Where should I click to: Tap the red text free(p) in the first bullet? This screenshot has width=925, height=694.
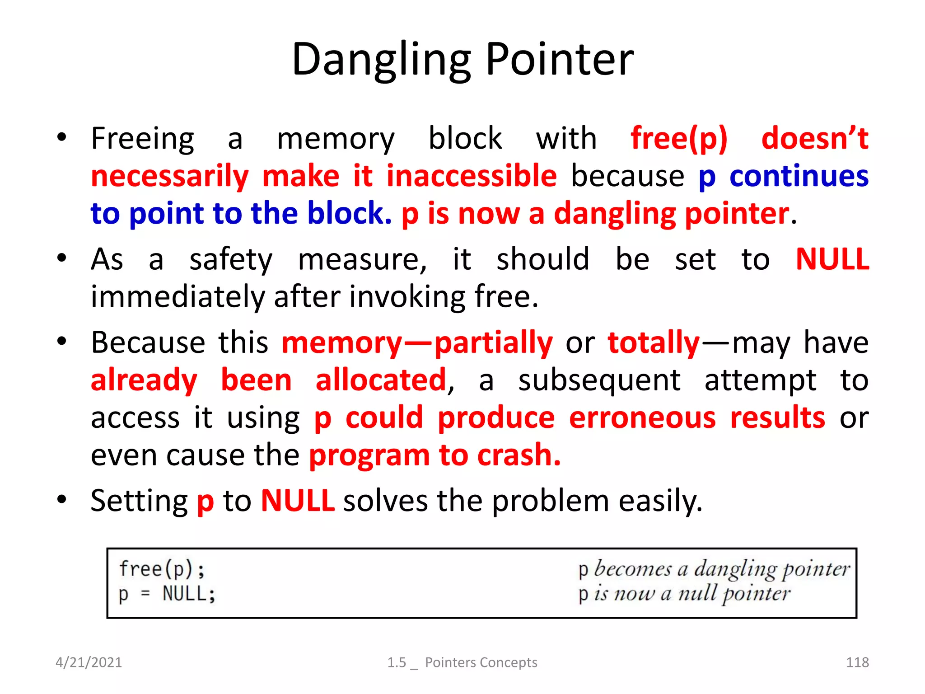pos(679,139)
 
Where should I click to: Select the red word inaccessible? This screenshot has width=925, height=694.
pos(472,176)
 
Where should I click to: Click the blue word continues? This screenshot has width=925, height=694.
pos(799,176)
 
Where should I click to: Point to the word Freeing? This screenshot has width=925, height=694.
pos(142,139)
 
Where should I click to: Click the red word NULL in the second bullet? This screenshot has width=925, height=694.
pos(832,260)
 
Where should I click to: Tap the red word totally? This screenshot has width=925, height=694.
pos(654,342)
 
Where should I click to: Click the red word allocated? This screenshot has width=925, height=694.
pos(381,380)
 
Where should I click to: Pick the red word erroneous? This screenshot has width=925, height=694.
pos(642,417)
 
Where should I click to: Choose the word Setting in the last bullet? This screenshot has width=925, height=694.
pos(139,501)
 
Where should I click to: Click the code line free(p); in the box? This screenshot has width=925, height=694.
pos(162,569)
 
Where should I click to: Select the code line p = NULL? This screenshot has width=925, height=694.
pos(167,594)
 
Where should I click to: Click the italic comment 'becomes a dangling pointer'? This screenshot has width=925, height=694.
pos(721,569)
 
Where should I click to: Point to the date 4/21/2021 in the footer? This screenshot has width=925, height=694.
pos(89,662)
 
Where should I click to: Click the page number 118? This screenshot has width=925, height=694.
pos(857,662)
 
